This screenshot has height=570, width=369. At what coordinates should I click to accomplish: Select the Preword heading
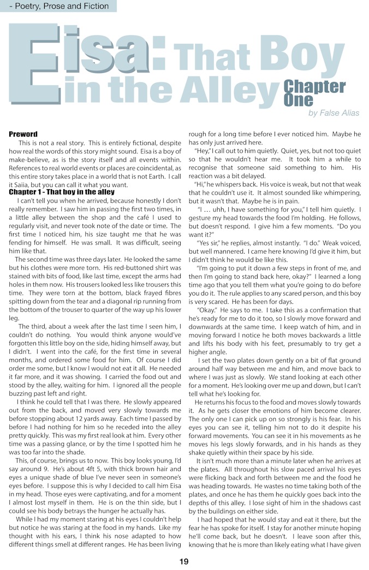(x=23, y=134)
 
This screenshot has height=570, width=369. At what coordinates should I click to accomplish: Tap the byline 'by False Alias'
(x=334, y=113)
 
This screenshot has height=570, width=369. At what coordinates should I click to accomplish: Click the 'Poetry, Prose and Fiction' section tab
(x=58, y=7)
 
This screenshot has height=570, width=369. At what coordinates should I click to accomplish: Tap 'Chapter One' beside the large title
(x=313, y=93)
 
